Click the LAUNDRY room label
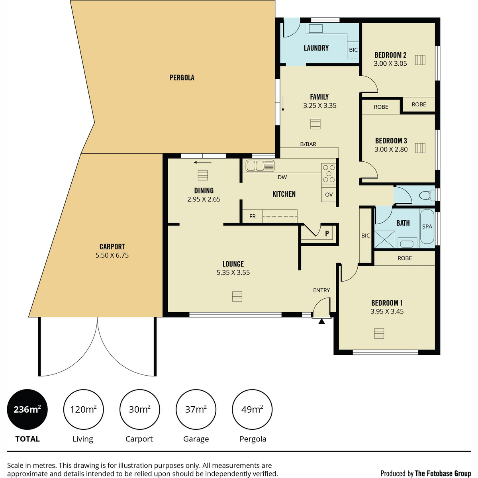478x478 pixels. tap(316, 48)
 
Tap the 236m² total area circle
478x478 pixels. tap(27, 409)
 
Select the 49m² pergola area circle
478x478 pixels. tap(252, 409)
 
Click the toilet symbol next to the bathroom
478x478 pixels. tap(427, 195)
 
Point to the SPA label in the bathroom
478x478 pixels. tap(427, 226)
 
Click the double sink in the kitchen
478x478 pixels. tap(260, 165)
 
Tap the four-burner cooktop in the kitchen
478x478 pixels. tap(329, 174)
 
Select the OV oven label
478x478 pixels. tap(329, 195)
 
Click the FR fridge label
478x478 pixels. tap(252, 216)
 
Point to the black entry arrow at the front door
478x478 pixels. tap(321, 321)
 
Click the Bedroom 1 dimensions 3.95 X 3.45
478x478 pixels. tap(387, 311)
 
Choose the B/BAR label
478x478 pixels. tap(308, 144)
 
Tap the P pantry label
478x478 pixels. tap(327, 233)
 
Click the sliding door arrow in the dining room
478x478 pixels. tap(203, 162)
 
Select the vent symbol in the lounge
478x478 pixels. tap(237, 296)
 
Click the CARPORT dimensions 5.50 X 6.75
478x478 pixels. tap(112, 255)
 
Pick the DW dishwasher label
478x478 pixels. tap(282, 177)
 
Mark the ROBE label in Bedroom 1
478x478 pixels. tap(404, 258)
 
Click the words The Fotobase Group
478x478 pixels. tap(443, 474)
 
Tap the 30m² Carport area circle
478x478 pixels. tap(139, 409)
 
